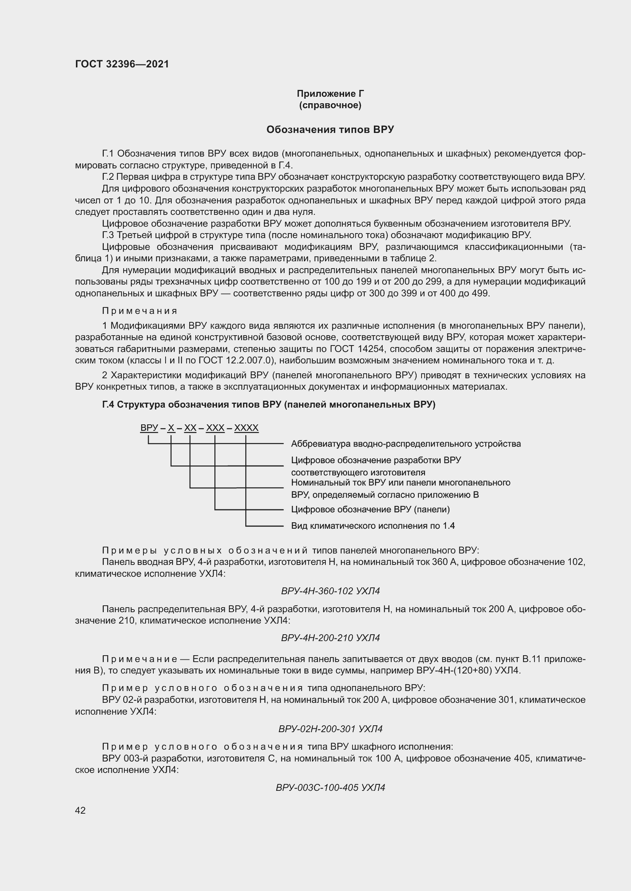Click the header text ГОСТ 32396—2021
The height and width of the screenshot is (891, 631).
122,64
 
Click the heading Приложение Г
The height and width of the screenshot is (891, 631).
330,94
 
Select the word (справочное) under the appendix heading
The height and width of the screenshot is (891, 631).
330,106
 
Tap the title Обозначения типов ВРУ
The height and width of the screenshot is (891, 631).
330,130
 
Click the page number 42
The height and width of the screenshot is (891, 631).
80,810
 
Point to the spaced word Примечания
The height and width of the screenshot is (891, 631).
140,311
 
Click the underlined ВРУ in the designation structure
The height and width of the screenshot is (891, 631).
149,428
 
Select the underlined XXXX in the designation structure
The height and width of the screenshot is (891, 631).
246,428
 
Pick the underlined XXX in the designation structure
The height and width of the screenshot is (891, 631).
215,428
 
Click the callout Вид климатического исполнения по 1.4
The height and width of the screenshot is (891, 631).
373,526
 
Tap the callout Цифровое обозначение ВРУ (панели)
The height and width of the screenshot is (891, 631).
370,509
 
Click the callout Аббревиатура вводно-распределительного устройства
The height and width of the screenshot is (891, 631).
406,443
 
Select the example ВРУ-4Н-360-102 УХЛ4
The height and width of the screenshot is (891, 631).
330,591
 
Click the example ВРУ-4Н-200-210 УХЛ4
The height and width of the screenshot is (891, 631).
330,638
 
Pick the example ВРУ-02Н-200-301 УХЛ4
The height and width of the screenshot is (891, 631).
330,729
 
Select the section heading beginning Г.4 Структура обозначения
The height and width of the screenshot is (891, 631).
269,405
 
